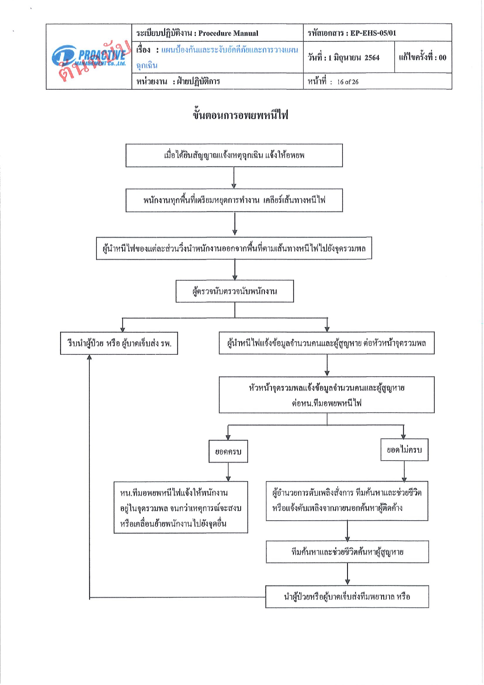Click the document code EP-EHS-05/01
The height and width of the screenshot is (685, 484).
coord(373,33)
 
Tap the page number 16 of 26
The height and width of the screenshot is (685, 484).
coord(348,82)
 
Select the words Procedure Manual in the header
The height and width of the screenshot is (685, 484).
coord(228,33)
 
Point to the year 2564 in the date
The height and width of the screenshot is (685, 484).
coord(372,58)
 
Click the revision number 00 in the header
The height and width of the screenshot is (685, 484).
coord(442,58)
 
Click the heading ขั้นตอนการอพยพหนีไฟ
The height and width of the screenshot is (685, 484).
coord(240,115)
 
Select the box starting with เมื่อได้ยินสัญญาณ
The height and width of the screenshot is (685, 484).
coord(234,155)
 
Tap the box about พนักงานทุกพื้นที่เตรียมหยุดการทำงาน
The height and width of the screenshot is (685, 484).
coord(234,200)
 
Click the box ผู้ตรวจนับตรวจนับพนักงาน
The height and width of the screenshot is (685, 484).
coord(235,291)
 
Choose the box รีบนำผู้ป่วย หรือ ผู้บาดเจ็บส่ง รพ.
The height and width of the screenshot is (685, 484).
coord(119,343)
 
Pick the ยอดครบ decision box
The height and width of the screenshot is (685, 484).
coord(228,452)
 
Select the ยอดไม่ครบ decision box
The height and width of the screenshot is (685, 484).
coord(404,450)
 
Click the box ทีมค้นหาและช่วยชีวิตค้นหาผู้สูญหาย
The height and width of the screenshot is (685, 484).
coord(347,552)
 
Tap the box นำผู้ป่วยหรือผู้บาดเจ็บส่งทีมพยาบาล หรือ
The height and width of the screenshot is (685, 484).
coord(347,596)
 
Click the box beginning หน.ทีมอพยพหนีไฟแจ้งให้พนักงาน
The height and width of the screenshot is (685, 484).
coord(181,507)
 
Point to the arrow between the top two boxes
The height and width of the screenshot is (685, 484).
coord(234,178)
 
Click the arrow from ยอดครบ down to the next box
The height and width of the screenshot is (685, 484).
coord(228,472)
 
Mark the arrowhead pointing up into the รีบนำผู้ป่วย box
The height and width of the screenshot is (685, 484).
coord(89,357)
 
